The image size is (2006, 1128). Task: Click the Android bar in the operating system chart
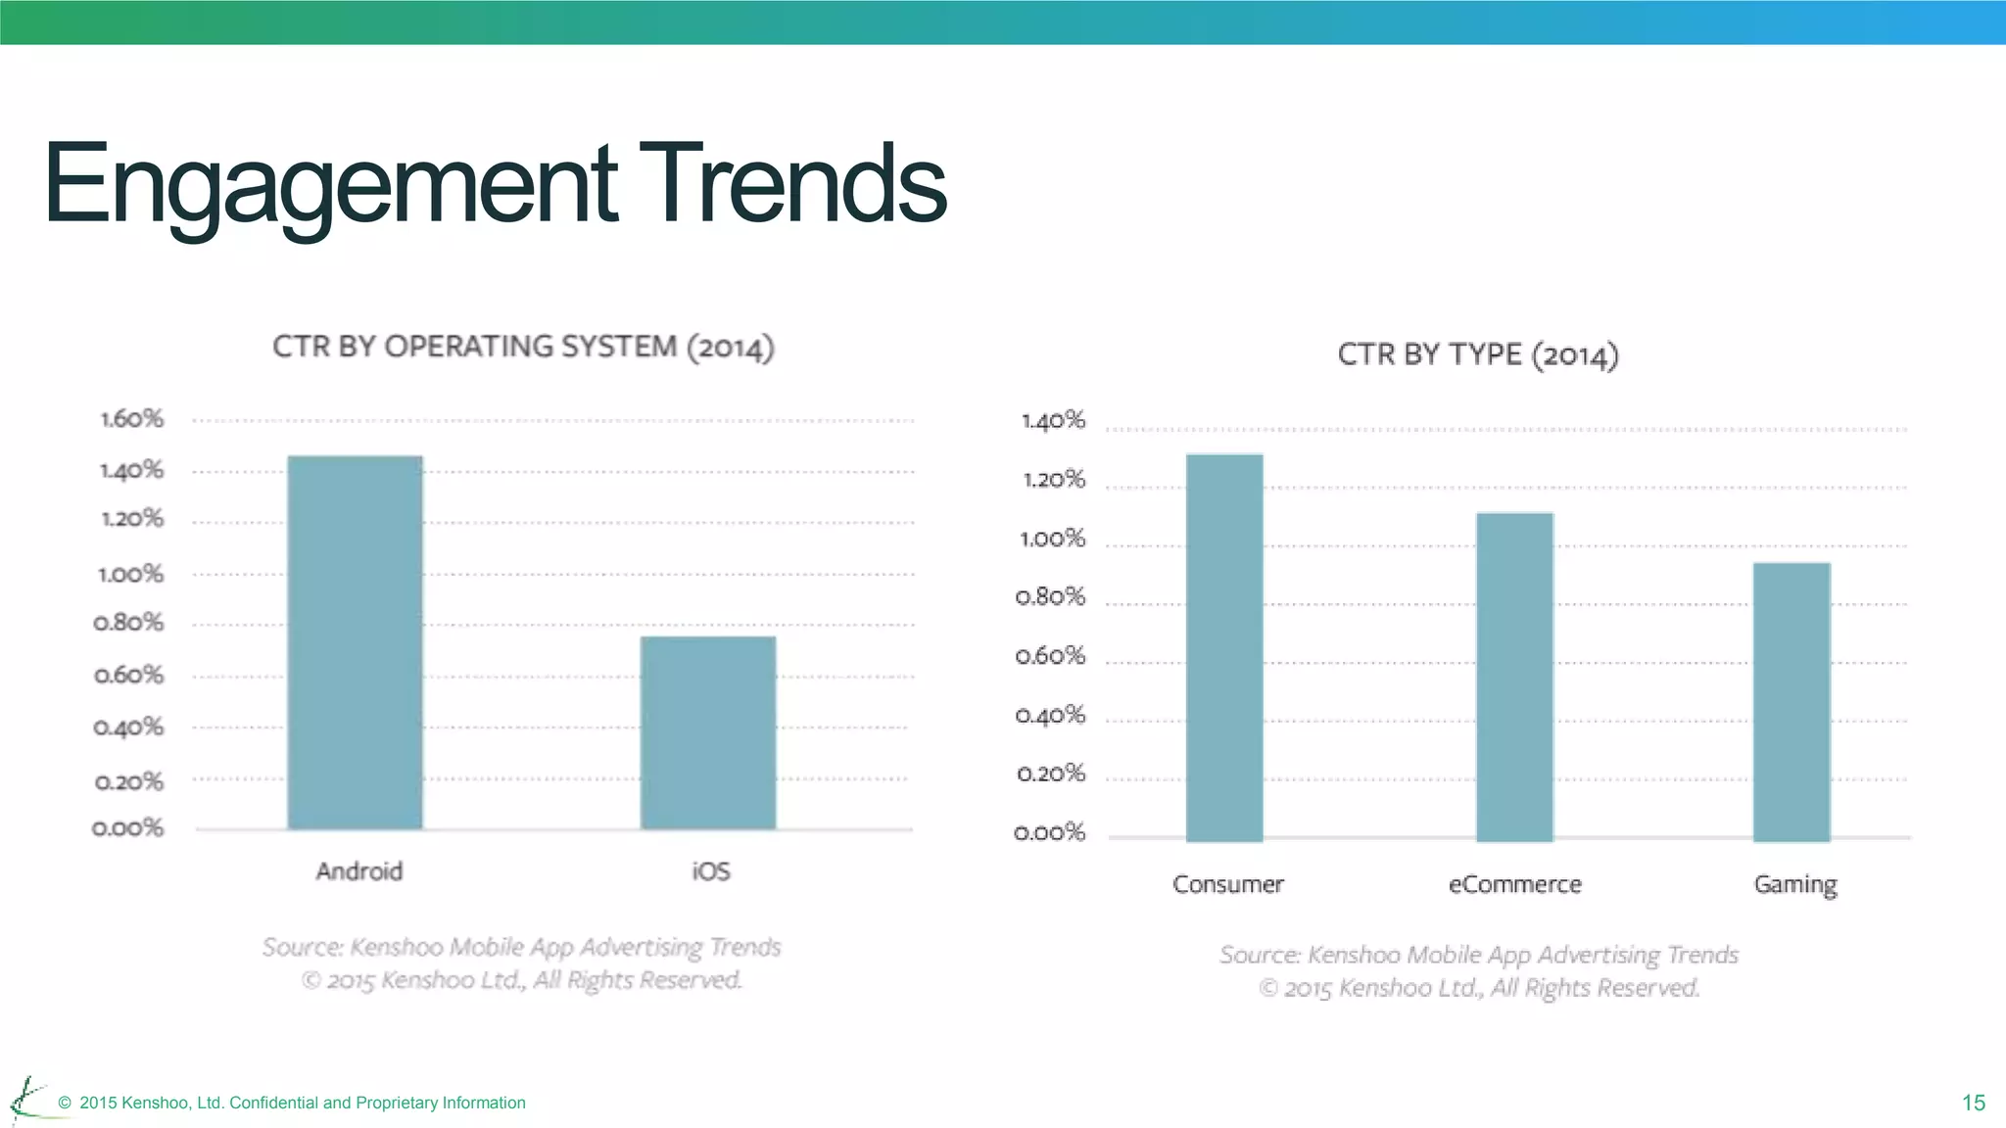point(355,642)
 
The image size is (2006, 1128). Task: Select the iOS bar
point(708,732)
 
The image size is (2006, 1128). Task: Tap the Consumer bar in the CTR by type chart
point(1224,647)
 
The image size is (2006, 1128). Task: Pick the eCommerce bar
point(1514,677)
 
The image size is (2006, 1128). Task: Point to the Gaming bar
point(1791,701)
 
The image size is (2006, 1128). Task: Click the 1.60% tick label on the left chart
point(132,419)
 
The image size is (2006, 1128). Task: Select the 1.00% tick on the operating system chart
point(131,574)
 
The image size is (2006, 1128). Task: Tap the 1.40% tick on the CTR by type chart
point(1054,421)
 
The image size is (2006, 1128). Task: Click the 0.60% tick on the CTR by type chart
point(1051,656)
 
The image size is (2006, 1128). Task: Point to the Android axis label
point(359,871)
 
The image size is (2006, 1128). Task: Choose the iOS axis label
point(711,871)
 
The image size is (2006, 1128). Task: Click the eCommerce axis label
point(1515,885)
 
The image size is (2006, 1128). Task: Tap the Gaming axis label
point(1795,885)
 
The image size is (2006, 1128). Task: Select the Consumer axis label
point(1228,885)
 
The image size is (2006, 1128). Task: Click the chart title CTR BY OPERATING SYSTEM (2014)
point(523,348)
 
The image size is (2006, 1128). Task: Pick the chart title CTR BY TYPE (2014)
point(1478,354)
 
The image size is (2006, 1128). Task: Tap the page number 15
point(1974,1104)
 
